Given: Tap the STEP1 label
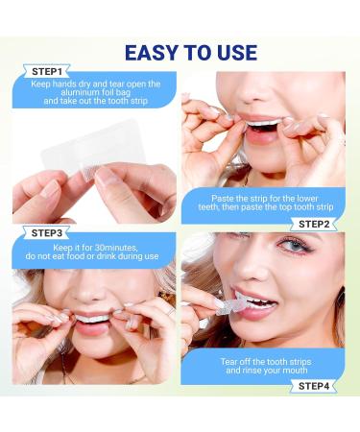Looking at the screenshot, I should point(47,71).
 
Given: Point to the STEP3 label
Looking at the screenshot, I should point(47,231).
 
